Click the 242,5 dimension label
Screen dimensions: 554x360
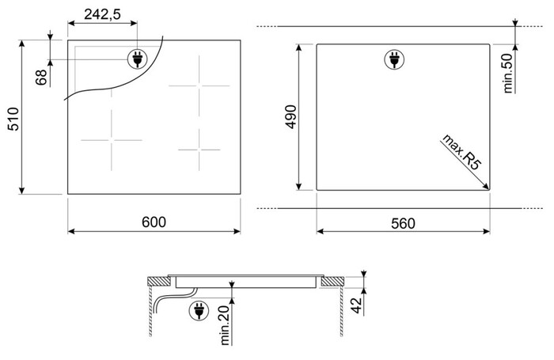(102, 14)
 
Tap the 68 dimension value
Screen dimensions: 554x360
(41, 77)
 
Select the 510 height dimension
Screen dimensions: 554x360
(13, 119)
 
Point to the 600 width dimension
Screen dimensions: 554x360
(154, 222)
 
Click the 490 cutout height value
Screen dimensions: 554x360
(291, 116)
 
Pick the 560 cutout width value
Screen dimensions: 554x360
(403, 223)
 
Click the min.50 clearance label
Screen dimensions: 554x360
(508, 73)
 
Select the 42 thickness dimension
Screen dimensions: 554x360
(358, 305)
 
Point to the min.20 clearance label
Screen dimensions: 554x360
(225, 325)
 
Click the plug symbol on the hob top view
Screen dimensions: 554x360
(138, 59)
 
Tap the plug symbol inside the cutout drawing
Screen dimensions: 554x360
(394, 59)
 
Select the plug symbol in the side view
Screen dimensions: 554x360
(199, 311)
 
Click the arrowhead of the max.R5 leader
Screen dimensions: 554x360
(488, 189)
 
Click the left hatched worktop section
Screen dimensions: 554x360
(159, 282)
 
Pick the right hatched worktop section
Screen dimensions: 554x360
(332, 282)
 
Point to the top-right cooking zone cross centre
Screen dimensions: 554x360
(199, 85)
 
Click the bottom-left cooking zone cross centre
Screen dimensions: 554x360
(112, 140)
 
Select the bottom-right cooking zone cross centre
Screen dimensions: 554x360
(199, 150)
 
